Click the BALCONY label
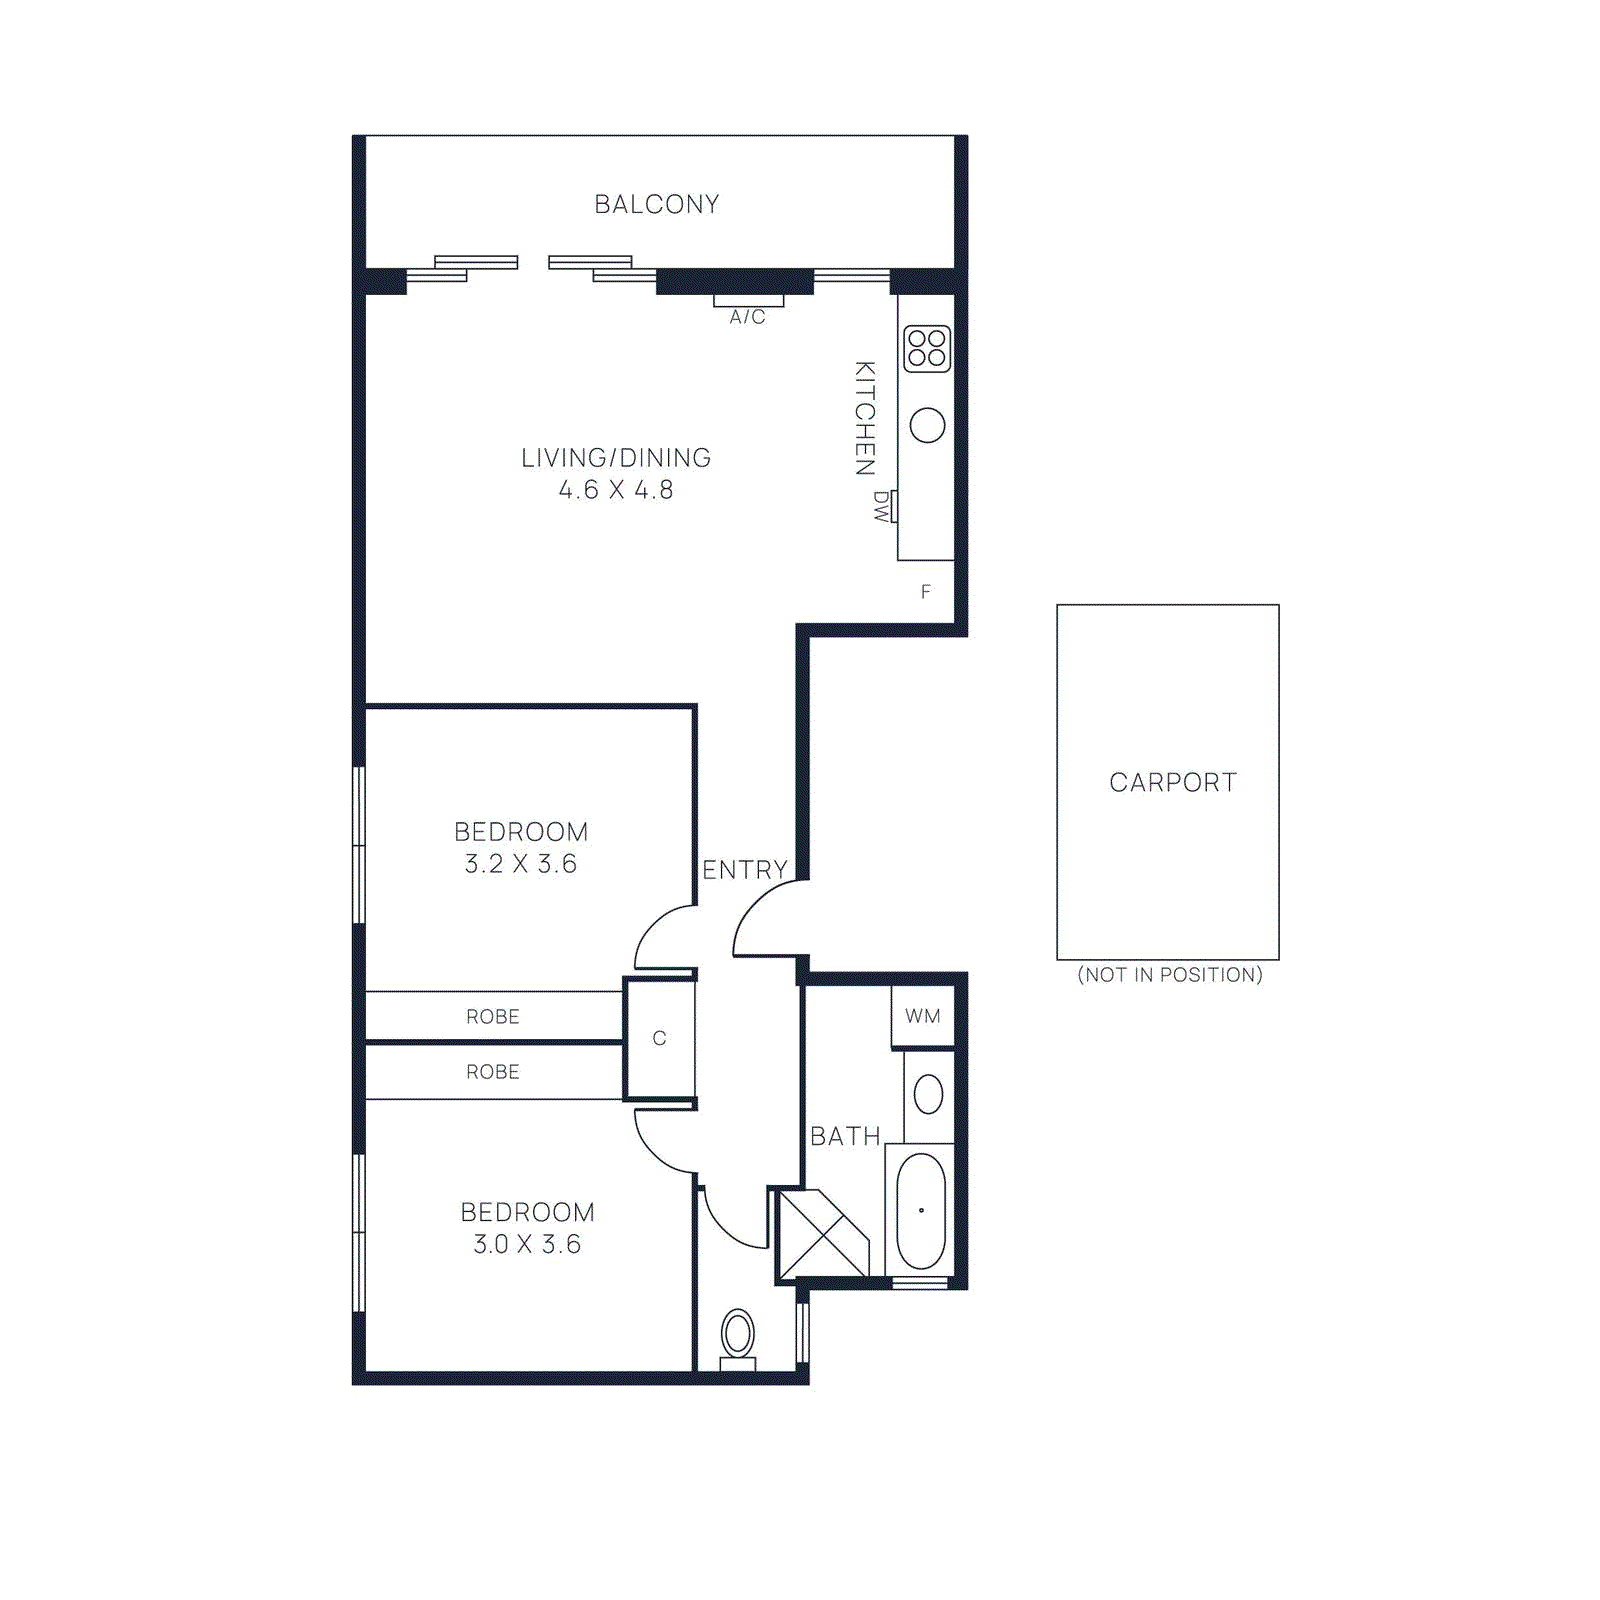coord(657,204)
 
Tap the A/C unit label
coord(747,317)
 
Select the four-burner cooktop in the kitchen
coord(927,348)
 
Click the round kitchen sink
coord(927,425)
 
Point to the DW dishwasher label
coord(881,507)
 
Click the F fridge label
coord(926,592)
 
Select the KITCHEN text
coord(865,418)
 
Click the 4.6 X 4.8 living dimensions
coord(616,490)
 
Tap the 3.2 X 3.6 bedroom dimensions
coord(521,864)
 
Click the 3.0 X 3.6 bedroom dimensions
coord(527,1244)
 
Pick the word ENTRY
coord(745,870)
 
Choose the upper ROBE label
coord(493,1017)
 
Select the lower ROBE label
coord(493,1072)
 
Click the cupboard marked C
coord(659,1039)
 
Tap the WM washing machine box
coord(923,1017)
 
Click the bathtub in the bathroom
coord(921,1211)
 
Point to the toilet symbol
coord(738,1335)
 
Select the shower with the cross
coord(821,1234)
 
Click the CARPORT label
coord(1173,782)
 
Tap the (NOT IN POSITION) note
coord(1170,975)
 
